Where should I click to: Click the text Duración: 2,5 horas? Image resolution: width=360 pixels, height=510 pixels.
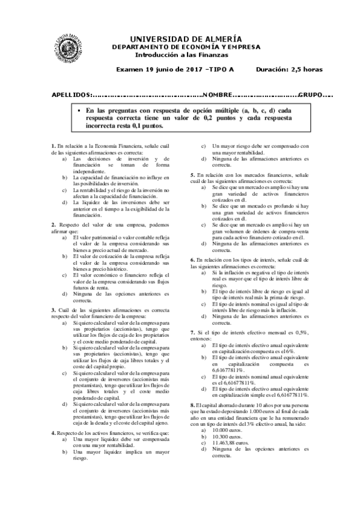pyautogui.click(x=289, y=69)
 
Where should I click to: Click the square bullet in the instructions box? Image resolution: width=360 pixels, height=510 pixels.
pyautogui.click(x=78, y=112)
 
